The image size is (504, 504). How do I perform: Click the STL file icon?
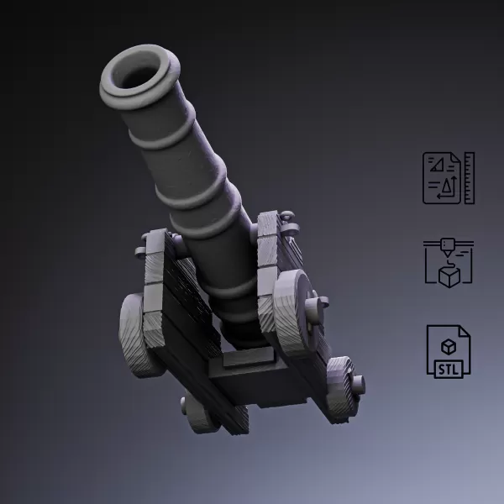449,349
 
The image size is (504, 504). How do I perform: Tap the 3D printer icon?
449,263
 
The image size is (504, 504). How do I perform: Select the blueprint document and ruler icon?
449,177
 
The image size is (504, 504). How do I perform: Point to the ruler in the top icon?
469,177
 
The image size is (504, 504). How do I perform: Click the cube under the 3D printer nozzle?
449,275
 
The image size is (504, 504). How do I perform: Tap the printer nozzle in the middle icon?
449,246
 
